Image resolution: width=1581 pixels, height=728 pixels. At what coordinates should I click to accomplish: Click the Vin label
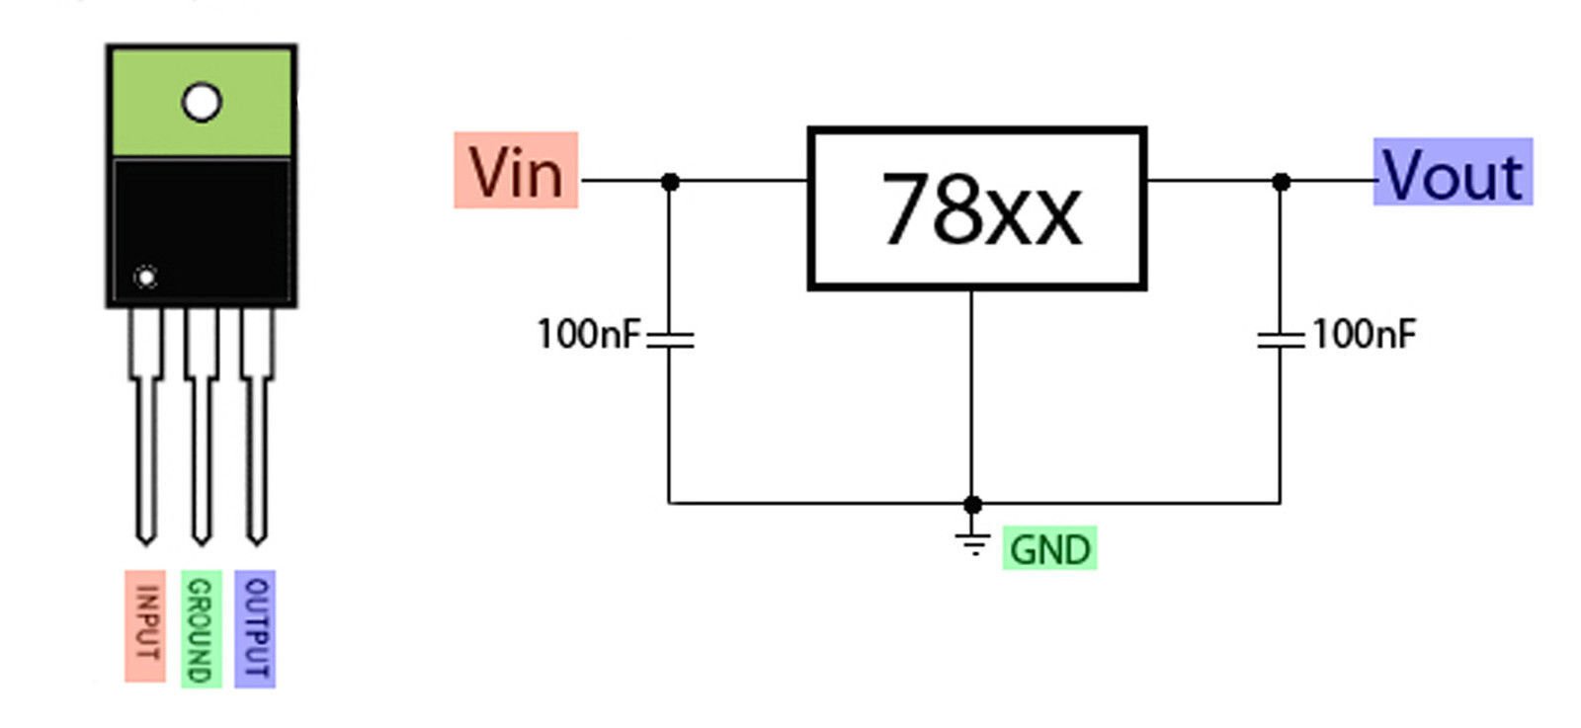click(516, 170)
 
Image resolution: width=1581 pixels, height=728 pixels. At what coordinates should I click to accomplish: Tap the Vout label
click(1453, 172)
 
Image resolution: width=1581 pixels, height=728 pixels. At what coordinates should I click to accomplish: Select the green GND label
click(1050, 548)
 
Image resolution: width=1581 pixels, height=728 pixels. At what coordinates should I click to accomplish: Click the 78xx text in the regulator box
click(981, 209)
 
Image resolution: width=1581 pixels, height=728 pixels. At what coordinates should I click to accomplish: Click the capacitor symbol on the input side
click(670, 340)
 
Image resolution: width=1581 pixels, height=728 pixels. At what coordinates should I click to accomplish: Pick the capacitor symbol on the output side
click(1281, 340)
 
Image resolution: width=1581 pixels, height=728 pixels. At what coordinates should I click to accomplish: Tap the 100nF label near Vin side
click(589, 334)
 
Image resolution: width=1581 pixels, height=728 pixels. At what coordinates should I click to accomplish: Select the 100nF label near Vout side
click(1364, 334)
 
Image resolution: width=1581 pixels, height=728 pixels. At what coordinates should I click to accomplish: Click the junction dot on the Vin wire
click(671, 182)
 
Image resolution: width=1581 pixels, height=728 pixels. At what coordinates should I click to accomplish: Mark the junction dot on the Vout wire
click(1282, 182)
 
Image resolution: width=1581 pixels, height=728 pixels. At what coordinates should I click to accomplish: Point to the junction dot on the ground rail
click(972, 505)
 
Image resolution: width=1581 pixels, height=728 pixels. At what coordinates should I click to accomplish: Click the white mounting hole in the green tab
click(202, 103)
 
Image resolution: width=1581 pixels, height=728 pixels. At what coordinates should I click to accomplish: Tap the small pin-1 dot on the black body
click(146, 278)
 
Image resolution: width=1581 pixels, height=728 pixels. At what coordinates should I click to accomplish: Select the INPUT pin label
click(145, 626)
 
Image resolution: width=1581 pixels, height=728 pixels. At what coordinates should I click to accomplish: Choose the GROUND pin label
click(202, 628)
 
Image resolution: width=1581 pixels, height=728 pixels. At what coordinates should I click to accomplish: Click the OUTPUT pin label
click(255, 628)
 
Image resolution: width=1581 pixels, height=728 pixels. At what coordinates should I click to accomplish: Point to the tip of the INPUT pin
click(146, 544)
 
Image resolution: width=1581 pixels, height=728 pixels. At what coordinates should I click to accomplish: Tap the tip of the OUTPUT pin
click(257, 544)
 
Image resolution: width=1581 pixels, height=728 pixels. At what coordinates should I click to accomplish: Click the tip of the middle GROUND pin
click(202, 544)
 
